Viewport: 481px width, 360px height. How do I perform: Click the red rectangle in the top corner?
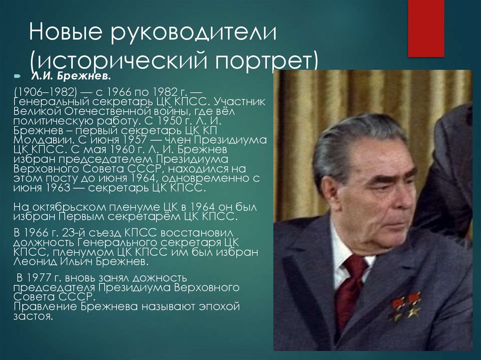[x=426, y=28]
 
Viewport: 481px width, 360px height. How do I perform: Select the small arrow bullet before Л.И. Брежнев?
[x=17, y=76]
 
